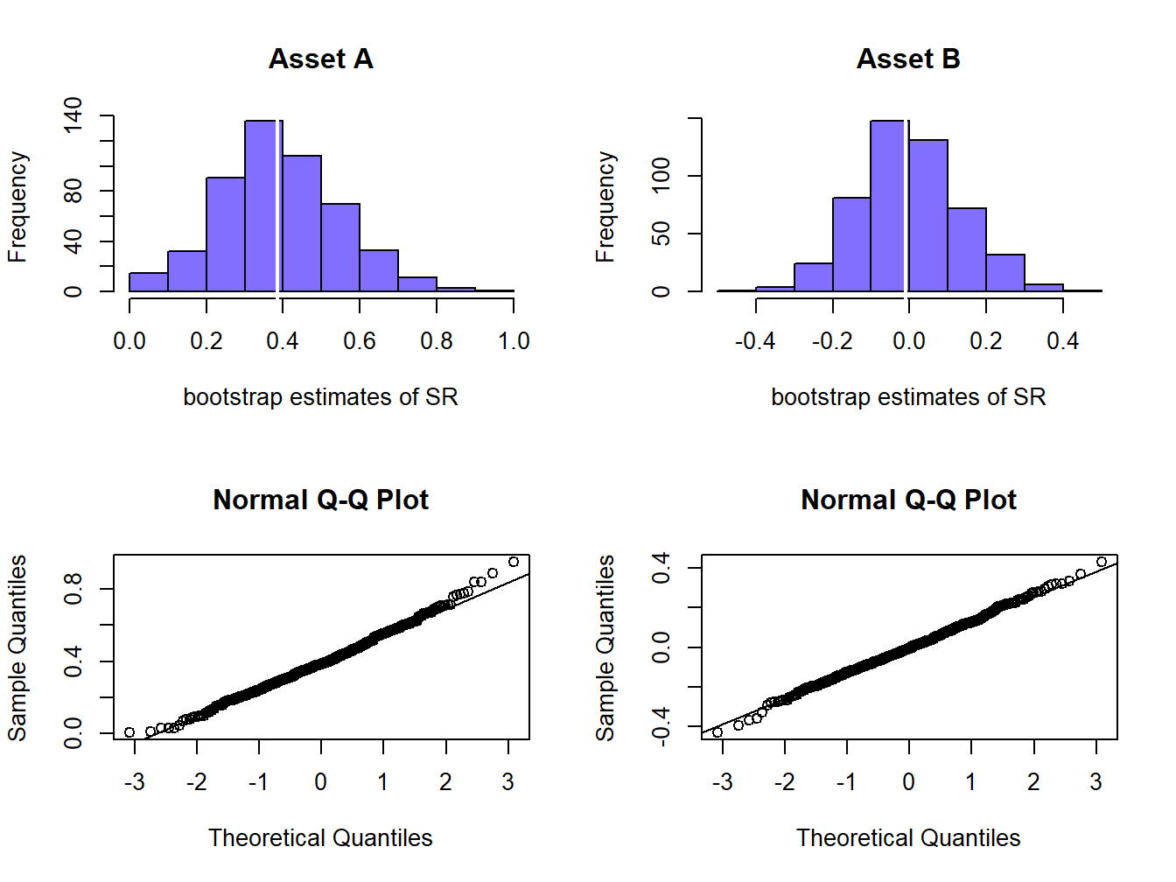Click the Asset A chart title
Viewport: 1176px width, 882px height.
[321, 59]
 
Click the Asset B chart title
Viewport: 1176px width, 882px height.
[908, 59]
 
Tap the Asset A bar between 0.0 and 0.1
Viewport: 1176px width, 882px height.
[149, 282]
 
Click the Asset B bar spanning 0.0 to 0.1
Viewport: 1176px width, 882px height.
[928, 215]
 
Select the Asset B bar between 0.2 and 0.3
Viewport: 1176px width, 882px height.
[1005, 273]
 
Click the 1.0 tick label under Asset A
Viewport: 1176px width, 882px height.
[514, 341]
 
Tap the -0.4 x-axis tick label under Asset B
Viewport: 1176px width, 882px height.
[755, 341]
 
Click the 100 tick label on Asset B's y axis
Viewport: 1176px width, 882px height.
[661, 175]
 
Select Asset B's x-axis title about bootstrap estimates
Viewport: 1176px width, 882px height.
[908, 397]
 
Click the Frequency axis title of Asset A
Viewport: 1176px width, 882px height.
[17, 206]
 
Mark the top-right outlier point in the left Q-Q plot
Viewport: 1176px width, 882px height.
[514, 562]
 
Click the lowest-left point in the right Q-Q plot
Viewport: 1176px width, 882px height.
[717, 732]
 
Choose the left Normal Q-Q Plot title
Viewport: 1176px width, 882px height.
[321, 500]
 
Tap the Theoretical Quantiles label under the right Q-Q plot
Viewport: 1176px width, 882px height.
[908, 838]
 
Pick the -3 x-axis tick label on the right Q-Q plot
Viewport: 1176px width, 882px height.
[722, 782]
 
